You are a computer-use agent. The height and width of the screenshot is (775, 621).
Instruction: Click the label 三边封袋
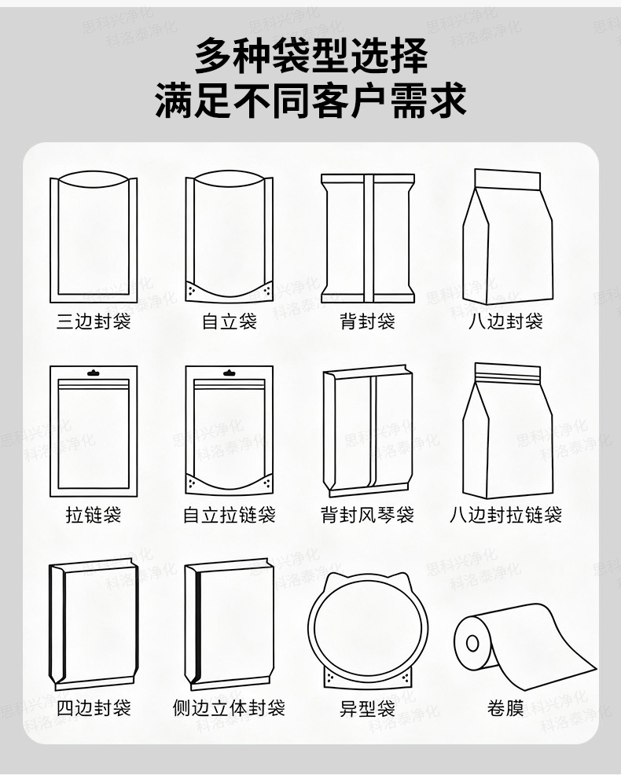click(x=94, y=321)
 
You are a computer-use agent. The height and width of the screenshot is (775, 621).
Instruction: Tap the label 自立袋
click(x=230, y=321)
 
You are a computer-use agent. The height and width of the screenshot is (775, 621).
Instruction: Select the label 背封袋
click(x=367, y=321)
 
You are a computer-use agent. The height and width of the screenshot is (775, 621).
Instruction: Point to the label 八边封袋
click(x=505, y=321)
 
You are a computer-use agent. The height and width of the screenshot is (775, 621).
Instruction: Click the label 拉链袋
click(x=94, y=515)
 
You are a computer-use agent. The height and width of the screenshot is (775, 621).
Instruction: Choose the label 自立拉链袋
click(x=230, y=515)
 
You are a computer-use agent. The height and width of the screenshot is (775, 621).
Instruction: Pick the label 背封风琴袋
click(x=367, y=515)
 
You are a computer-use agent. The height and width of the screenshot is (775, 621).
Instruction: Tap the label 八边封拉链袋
click(x=505, y=515)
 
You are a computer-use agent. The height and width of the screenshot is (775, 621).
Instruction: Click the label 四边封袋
click(x=94, y=707)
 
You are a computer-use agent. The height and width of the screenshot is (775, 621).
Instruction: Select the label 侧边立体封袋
click(x=230, y=707)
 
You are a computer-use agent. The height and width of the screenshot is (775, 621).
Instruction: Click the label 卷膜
click(x=505, y=707)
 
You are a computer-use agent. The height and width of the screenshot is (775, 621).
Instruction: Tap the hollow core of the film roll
click(x=472, y=644)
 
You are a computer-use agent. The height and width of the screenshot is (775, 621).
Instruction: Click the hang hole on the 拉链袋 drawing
click(x=94, y=373)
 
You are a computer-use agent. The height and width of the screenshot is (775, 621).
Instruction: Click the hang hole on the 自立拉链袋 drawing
click(x=229, y=373)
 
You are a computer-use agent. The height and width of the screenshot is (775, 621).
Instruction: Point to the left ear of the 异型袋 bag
click(x=334, y=580)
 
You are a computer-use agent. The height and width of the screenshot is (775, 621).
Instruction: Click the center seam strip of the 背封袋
click(x=369, y=238)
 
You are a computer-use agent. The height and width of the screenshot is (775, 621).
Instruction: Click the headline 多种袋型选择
click(x=311, y=56)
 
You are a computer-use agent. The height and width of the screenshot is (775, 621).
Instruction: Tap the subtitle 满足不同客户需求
click(x=311, y=101)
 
